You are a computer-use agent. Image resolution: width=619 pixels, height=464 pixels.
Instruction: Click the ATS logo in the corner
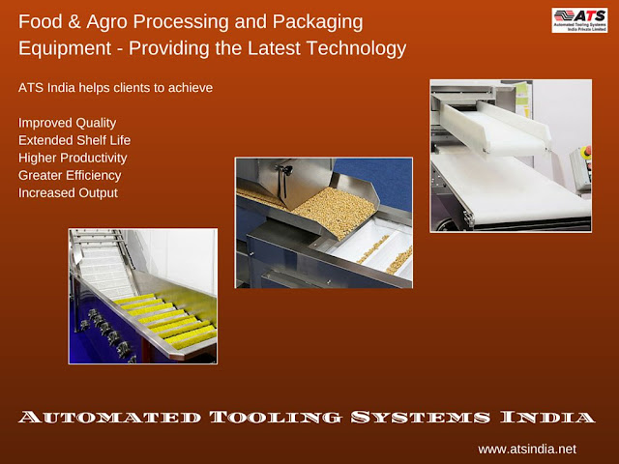coord(579,20)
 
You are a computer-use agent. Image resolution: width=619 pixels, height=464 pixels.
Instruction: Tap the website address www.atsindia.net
coord(527,449)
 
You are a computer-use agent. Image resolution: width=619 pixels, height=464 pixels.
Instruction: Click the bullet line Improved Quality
coord(67,123)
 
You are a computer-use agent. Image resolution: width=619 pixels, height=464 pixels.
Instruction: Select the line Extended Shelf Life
coord(74,140)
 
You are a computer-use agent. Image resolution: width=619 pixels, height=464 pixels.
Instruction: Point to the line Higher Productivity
coord(73,158)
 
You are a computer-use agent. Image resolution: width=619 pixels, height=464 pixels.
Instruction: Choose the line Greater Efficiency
coord(70,175)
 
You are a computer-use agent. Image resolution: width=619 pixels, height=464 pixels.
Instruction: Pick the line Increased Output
coord(68,193)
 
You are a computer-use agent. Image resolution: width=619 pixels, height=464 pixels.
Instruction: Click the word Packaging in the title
coord(318,22)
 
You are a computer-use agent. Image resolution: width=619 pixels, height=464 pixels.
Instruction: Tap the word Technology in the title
coord(357,49)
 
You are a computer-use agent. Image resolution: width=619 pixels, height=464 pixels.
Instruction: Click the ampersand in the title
coord(74,21)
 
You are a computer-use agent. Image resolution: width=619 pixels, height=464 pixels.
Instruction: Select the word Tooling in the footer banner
coord(275,417)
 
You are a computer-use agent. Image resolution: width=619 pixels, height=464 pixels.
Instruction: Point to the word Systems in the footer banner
coord(421,417)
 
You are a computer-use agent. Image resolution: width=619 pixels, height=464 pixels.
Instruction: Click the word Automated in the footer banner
coord(109,417)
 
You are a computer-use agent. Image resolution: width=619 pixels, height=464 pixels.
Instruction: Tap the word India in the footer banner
coord(547,417)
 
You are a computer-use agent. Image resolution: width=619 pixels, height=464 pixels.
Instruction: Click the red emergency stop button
coord(587,151)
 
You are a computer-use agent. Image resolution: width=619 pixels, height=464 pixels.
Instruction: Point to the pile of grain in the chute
coord(336,211)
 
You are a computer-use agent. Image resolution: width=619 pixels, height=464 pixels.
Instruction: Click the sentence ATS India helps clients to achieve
coord(115,88)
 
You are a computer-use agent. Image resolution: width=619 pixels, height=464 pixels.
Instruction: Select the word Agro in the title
coord(106,22)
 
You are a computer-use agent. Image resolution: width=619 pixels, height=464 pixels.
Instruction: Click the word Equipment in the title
coord(65,49)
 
